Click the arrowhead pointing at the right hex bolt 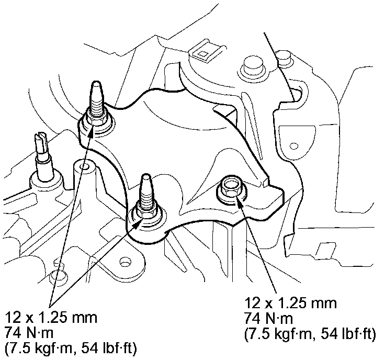239,200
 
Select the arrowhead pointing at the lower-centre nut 139,222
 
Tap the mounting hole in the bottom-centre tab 126,260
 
